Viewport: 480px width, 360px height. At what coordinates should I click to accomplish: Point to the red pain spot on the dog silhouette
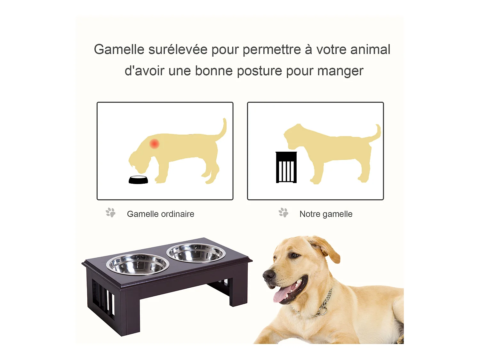(x=155, y=144)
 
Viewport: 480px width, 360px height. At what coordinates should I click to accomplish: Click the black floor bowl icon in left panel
(x=138, y=180)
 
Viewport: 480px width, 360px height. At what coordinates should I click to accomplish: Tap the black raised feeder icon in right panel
(x=286, y=167)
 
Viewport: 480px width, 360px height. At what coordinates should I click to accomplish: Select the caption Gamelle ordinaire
(x=160, y=214)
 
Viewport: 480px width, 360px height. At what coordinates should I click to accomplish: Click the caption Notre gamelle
(x=326, y=214)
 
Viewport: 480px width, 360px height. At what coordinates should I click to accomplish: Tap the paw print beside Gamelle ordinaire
(x=111, y=213)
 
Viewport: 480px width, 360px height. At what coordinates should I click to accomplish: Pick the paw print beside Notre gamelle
(x=284, y=213)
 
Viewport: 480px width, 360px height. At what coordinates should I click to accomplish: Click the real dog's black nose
(x=268, y=276)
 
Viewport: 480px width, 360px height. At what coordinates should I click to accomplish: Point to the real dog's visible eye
(x=294, y=255)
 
